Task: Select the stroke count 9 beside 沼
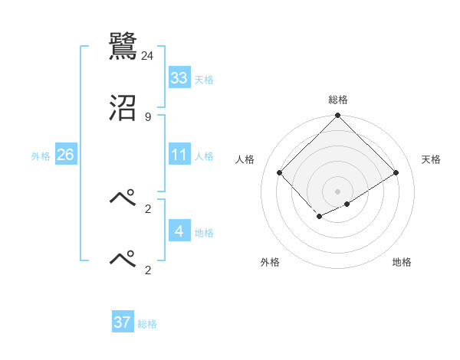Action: coord(148,116)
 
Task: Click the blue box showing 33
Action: coord(179,78)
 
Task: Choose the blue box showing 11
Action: coord(179,155)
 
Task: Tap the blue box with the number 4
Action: coord(179,231)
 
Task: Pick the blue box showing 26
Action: coord(65,155)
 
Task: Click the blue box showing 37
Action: coord(123,322)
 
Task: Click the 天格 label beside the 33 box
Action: coord(204,80)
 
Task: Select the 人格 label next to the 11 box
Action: coord(204,156)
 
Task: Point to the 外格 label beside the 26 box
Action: coord(41,156)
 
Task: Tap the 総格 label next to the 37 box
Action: coord(147,324)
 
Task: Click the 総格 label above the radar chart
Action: coord(338,100)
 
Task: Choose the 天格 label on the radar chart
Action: coord(432,159)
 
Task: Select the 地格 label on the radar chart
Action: coord(402,262)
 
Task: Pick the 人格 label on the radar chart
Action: coord(245,159)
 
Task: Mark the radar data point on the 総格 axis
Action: coord(338,116)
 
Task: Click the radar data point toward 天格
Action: coord(396,172)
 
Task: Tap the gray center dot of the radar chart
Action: coord(338,191)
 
